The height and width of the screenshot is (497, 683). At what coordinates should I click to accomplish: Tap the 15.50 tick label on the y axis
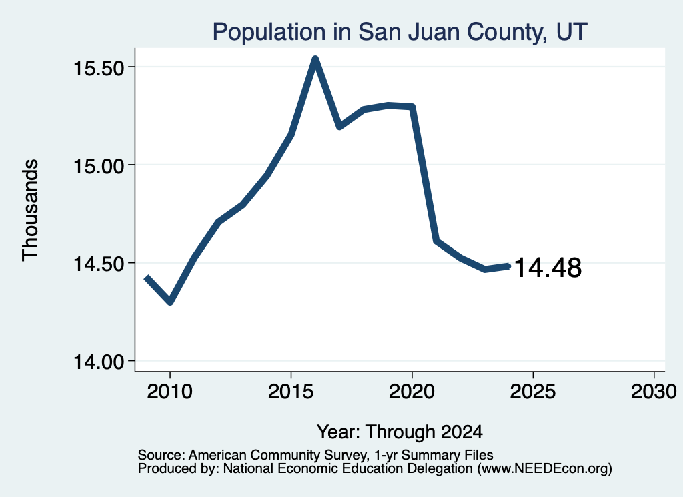[x=99, y=69]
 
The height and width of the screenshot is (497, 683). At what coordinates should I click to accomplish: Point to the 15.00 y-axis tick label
[x=99, y=166]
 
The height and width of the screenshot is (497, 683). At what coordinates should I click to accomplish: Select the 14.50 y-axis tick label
[x=99, y=264]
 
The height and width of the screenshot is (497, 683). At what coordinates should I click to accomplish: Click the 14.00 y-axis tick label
[x=99, y=362]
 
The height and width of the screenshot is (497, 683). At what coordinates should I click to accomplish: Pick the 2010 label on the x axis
[x=170, y=391]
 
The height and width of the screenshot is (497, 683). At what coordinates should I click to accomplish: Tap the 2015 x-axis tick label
[x=291, y=391]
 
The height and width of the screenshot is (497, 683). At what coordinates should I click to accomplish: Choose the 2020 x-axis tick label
[x=412, y=391]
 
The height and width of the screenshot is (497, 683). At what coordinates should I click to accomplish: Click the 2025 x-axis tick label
[x=533, y=391]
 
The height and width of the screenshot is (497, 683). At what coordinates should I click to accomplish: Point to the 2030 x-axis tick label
[x=654, y=391]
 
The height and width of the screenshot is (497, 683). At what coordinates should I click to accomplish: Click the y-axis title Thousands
[x=31, y=210]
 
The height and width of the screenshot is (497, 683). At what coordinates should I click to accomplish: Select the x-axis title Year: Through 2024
[x=400, y=432]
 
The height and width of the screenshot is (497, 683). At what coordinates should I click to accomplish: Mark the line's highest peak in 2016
[x=315, y=59]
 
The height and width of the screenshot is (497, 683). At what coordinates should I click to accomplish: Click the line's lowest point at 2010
[x=170, y=302]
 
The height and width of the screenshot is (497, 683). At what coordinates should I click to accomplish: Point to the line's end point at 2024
[x=508, y=266]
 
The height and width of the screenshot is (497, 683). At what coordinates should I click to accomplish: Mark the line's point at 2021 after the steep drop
[x=436, y=240]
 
